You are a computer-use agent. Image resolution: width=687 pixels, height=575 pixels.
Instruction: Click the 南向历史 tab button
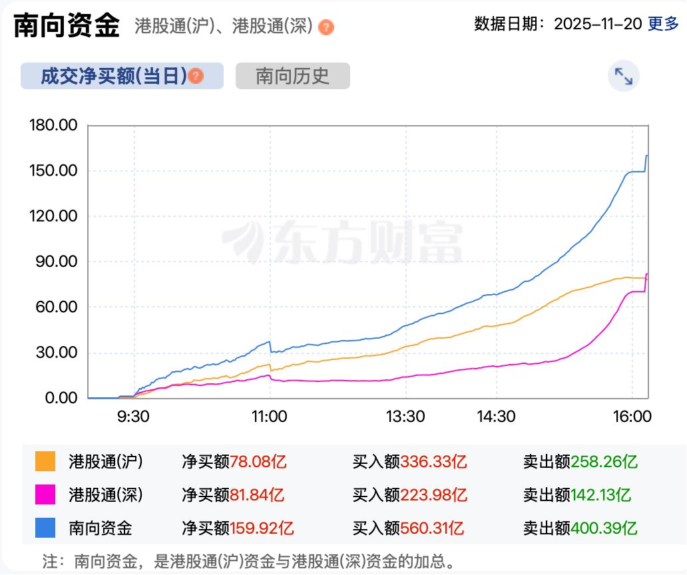click(292, 76)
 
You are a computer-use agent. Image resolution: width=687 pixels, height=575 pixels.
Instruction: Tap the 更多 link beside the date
click(664, 25)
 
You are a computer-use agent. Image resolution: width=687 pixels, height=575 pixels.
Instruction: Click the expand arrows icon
click(623, 77)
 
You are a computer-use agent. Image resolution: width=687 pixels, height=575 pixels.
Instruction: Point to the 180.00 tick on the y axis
click(54, 125)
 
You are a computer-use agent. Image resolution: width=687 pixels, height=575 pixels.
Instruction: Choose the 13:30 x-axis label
click(405, 417)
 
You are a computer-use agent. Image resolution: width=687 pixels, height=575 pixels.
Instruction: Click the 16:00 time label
click(632, 417)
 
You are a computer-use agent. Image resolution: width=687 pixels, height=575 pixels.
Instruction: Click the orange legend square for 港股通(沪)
click(46, 461)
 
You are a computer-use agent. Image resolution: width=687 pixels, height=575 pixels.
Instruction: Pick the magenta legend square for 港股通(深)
click(46, 494)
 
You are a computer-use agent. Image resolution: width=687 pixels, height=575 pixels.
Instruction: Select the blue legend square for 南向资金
click(46, 528)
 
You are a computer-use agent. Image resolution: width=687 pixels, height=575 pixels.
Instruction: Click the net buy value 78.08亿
click(258, 461)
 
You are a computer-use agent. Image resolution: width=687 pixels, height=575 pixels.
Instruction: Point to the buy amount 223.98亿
click(433, 494)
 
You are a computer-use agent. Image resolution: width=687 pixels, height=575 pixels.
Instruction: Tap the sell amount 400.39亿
click(604, 528)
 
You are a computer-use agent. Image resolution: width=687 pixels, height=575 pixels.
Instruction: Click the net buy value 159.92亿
click(262, 528)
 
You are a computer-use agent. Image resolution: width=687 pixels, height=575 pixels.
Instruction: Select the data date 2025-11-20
click(598, 25)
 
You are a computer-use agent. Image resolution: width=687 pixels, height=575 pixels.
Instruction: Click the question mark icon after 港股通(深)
click(326, 27)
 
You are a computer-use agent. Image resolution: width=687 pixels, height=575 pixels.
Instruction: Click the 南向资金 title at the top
click(67, 25)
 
